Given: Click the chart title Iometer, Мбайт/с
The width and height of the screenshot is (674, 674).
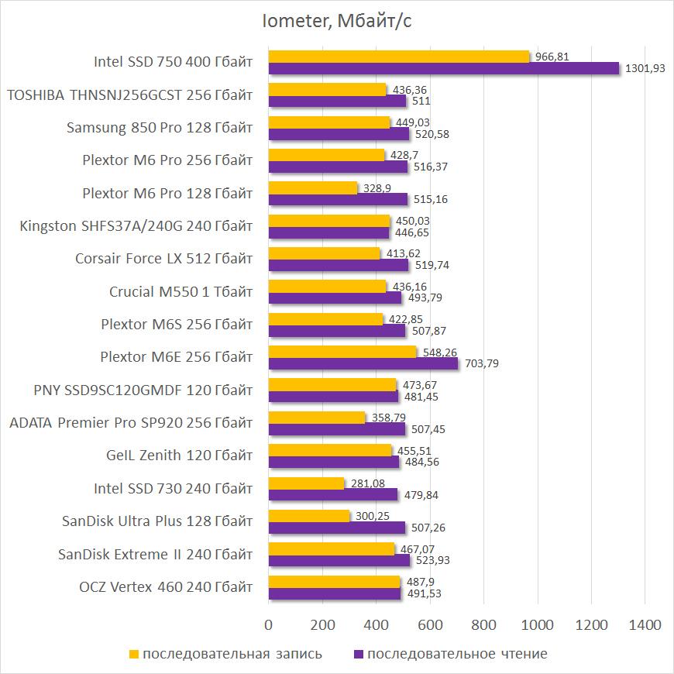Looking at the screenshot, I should click(x=336, y=22).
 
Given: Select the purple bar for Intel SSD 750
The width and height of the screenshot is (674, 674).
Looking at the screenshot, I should click(x=444, y=68).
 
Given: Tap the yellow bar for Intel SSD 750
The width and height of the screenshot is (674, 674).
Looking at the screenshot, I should click(x=399, y=57).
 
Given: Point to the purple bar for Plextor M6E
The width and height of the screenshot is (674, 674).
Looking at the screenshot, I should click(x=363, y=363).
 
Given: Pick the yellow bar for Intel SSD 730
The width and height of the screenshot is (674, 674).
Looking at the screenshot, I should click(x=307, y=483).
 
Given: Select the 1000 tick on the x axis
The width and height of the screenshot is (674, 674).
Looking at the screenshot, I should click(x=537, y=625).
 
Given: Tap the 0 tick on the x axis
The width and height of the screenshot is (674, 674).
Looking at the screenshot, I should click(x=269, y=625).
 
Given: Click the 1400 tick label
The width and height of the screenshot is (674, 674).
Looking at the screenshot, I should click(x=645, y=625).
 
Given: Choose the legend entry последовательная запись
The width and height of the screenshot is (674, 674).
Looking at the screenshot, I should click(x=225, y=654).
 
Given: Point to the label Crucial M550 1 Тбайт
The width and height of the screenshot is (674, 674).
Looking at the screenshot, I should click(x=181, y=292).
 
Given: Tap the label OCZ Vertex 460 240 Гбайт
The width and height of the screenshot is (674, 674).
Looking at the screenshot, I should click(x=167, y=588).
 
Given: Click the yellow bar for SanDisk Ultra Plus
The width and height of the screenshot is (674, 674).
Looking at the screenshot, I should click(x=309, y=516).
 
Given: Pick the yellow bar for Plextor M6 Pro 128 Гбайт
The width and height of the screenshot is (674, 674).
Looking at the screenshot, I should click(x=313, y=187).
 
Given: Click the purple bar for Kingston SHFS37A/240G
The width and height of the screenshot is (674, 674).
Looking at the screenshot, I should click(x=328, y=232).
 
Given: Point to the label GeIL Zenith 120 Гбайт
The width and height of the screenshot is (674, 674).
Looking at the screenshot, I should click(x=180, y=456).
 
